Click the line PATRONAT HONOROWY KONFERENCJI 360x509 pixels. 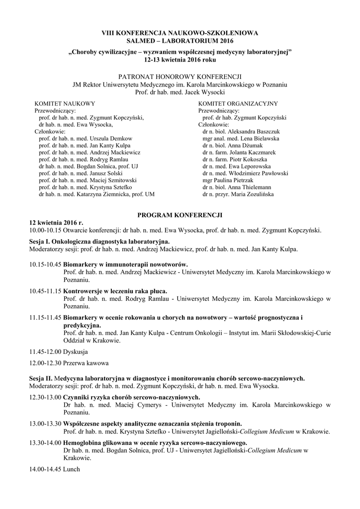tap(180, 77)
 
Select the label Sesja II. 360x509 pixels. tap(41, 378)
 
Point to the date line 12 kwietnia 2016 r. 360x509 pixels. tap(56, 223)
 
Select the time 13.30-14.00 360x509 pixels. tap(45, 443)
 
